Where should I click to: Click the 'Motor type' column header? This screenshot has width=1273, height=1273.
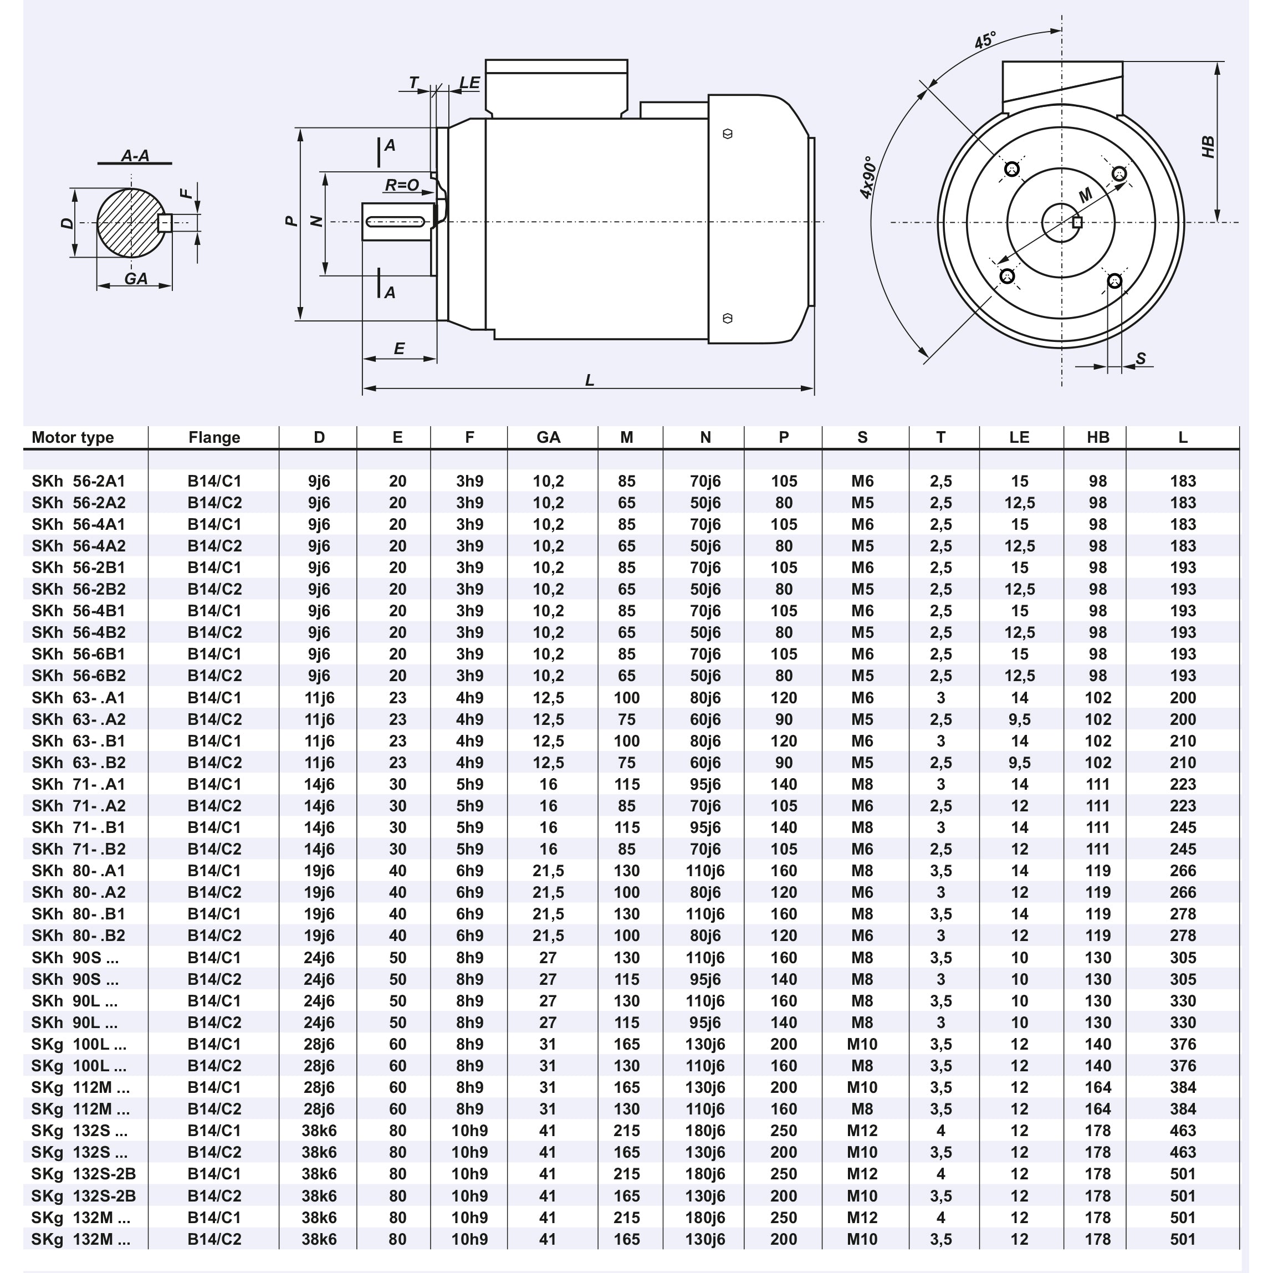coord(73,437)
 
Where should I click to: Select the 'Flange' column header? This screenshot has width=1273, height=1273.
coord(214,437)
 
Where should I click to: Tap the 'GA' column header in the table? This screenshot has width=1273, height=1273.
coord(548,437)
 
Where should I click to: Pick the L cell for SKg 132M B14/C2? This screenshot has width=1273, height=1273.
coord(1183,1239)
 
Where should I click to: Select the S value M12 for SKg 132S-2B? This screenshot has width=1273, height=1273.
coord(862,1174)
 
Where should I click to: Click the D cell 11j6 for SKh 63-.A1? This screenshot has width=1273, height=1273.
coord(319,698)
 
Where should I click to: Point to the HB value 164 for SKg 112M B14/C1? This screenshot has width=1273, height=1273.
coord(1098,1087)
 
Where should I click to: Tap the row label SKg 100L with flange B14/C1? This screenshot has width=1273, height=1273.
coord(79,1044)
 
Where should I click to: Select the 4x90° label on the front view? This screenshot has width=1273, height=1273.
coord(869,178)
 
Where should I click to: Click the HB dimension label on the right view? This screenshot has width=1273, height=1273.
coord(1208,147)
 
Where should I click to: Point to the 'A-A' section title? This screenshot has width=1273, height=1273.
coord(135,156)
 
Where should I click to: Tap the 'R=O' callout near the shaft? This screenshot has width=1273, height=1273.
coord(402,186)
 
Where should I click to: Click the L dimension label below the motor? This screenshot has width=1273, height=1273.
coord(590,380)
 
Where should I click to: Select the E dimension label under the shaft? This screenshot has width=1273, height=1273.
coord(399,349)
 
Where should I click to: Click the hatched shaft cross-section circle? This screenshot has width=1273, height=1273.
coord(129,223)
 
